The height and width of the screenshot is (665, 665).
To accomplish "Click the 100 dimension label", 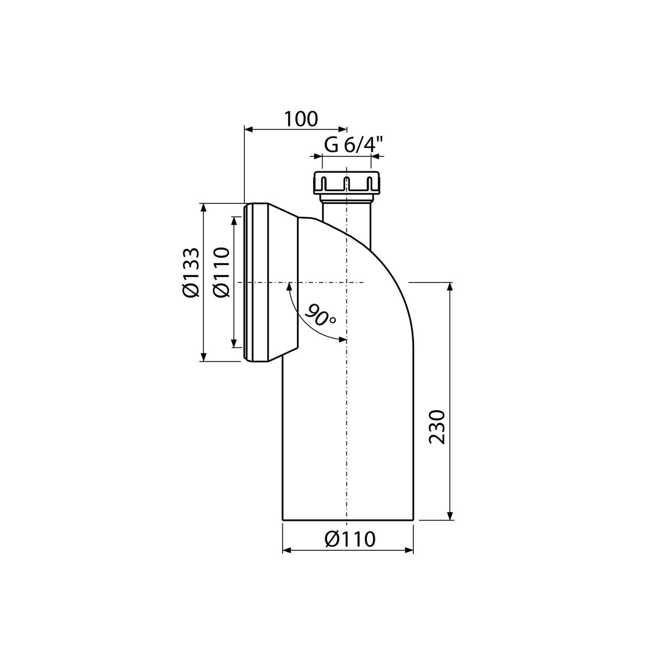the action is coord(300,119).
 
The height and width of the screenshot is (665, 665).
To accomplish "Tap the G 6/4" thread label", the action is coord(354,145).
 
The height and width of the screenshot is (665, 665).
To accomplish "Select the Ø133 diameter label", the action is coord(191,272).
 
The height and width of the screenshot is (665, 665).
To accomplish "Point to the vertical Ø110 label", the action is coord(221,272).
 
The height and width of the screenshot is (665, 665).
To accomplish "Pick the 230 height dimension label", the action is coord(437,427).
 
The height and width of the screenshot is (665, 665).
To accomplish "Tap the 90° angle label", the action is coord(319,315).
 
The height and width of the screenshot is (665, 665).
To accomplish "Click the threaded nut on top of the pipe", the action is coord(346,182).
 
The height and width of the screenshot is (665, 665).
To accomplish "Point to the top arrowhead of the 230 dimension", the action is coord(449,287).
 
